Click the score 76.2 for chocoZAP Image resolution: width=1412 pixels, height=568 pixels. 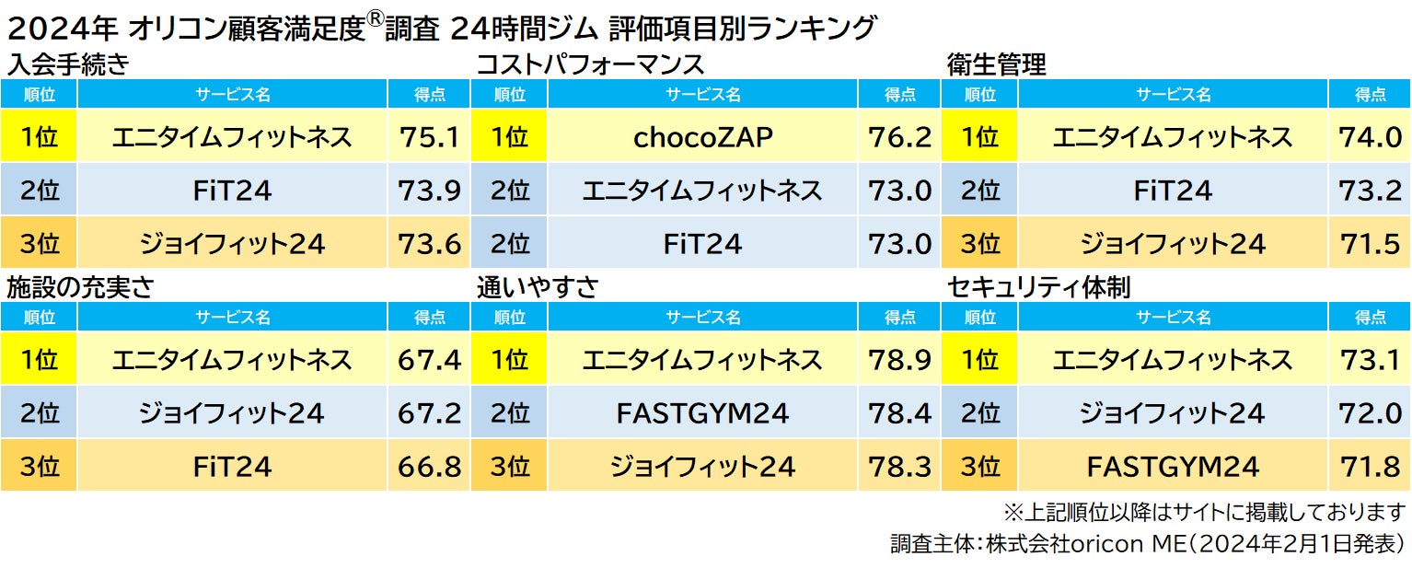(899, 137)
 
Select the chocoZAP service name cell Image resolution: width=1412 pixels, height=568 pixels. (703, 137)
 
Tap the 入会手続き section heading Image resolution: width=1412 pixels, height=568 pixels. (67, 65)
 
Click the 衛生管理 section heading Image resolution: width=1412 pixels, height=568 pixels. (997, 65)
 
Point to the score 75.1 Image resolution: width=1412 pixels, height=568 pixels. (429, 137)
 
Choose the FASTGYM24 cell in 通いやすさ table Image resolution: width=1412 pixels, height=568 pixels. (703, 413)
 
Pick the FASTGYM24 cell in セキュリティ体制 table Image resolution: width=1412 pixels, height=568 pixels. (1173, 467)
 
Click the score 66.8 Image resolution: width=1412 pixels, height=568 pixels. (429, 467)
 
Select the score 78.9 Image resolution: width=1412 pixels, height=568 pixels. (899, 359)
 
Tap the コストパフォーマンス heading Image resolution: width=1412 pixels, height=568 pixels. (590, 65)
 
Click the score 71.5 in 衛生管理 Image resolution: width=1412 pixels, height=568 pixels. (1371, 244)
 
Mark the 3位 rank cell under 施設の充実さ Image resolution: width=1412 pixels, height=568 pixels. (39, 467)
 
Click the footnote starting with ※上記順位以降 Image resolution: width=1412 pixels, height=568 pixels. (1204, 511)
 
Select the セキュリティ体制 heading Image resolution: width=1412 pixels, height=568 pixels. (1038, 287)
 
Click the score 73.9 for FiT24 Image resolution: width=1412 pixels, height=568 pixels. (429, 191)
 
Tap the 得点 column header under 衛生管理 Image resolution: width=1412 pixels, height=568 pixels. (1371, 94)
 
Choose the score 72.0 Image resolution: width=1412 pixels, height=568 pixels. (1371, 413)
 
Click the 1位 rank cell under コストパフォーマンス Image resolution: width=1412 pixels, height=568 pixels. (509, 137)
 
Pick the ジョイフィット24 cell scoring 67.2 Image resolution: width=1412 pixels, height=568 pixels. (232, 413)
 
